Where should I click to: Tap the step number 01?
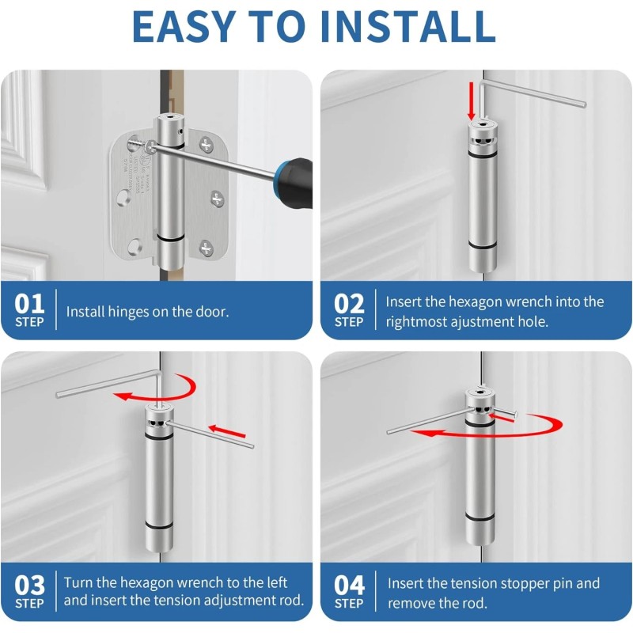coord(30,303)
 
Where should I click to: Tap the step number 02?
coord(349,303)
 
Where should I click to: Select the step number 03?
coord(30,586)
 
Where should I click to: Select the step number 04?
coord(349,586)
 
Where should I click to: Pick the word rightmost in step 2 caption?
coord(419,322)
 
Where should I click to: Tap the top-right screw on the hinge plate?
coord(207,144)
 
